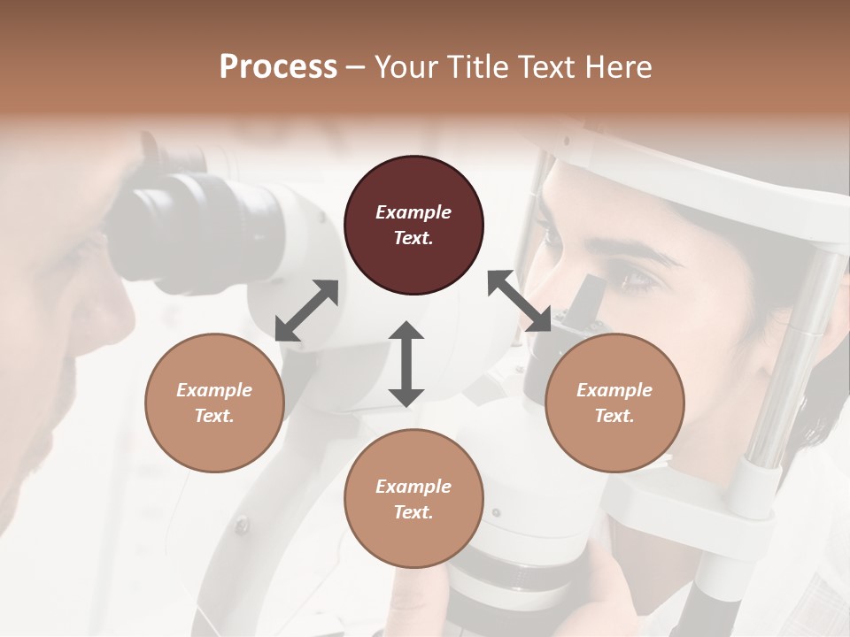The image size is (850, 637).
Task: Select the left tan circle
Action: click(x=214, y=403)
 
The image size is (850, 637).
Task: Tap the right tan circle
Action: click(x=614, y=403)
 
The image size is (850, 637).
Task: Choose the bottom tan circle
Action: click(x=413, y=498)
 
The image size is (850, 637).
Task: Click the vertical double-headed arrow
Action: click(x=406, y=364)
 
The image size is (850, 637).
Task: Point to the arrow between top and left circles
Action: click(x=306, y=311)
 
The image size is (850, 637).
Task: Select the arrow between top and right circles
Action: click(x=520, y=301)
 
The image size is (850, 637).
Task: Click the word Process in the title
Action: click(x=278, y=67)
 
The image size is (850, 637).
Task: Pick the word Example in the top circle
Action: click(x=413, y=212)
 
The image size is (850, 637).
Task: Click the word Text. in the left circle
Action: click(x=214, y=416)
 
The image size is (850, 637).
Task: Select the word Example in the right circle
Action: click(x=614, y=390)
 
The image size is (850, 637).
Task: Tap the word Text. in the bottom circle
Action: click(x=413, y=512)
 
